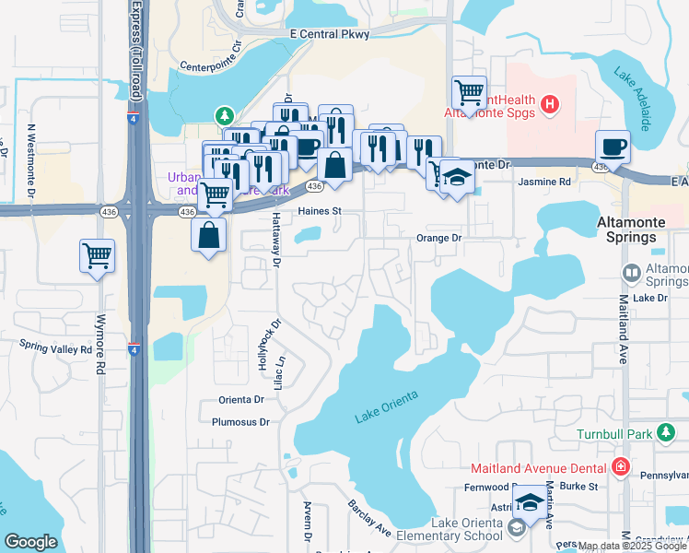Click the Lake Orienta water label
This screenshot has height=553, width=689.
[387, 407]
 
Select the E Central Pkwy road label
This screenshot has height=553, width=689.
[329, 34]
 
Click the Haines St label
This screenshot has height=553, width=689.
[320, 211]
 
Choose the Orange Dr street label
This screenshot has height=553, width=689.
[438, 238]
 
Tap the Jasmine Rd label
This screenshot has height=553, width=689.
[544, 182]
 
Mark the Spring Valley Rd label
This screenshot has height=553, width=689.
[56, 347]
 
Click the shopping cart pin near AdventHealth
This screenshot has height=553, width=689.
[469, 92]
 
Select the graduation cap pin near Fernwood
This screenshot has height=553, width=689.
[530, 502]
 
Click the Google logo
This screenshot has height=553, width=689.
[31, 542]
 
